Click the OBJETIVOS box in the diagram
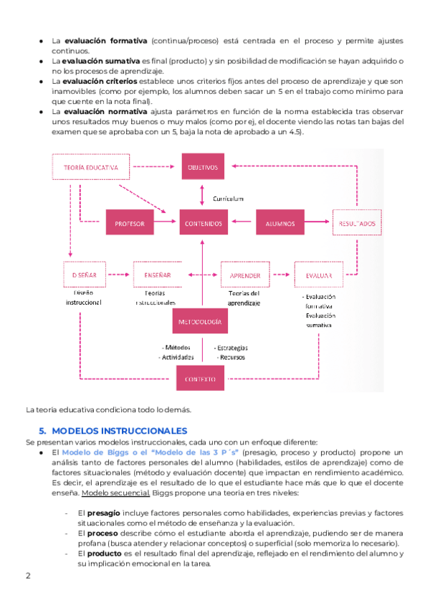(203, 167)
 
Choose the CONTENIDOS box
(203, 224)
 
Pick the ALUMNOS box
(279, 224)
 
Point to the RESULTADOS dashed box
(356, 224)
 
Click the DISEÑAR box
(85, 275)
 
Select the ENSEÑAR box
(157, 275)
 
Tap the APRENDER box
(244, 275)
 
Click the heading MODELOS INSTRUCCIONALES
(120, 430)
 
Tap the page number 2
(28, 576)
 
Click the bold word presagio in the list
(105, 514)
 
